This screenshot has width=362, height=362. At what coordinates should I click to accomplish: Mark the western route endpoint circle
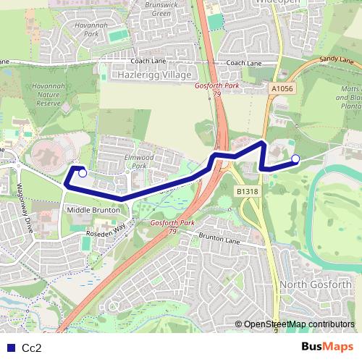pos(83,173)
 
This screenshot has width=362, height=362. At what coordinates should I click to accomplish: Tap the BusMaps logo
pos(327,348)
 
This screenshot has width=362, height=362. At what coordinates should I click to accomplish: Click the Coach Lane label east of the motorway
pos(245,63)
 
